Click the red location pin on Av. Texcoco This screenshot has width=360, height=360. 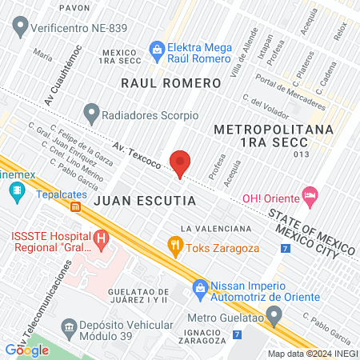coord(181,162)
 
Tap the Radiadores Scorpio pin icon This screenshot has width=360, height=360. coord(91,114)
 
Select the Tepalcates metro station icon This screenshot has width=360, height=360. coord(76,207)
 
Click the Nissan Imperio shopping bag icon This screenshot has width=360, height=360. coord(199,286)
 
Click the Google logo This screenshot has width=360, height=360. coord(26,350)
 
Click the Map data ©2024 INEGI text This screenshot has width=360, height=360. coord(312,353)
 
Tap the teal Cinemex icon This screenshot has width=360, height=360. coord(15,191)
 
